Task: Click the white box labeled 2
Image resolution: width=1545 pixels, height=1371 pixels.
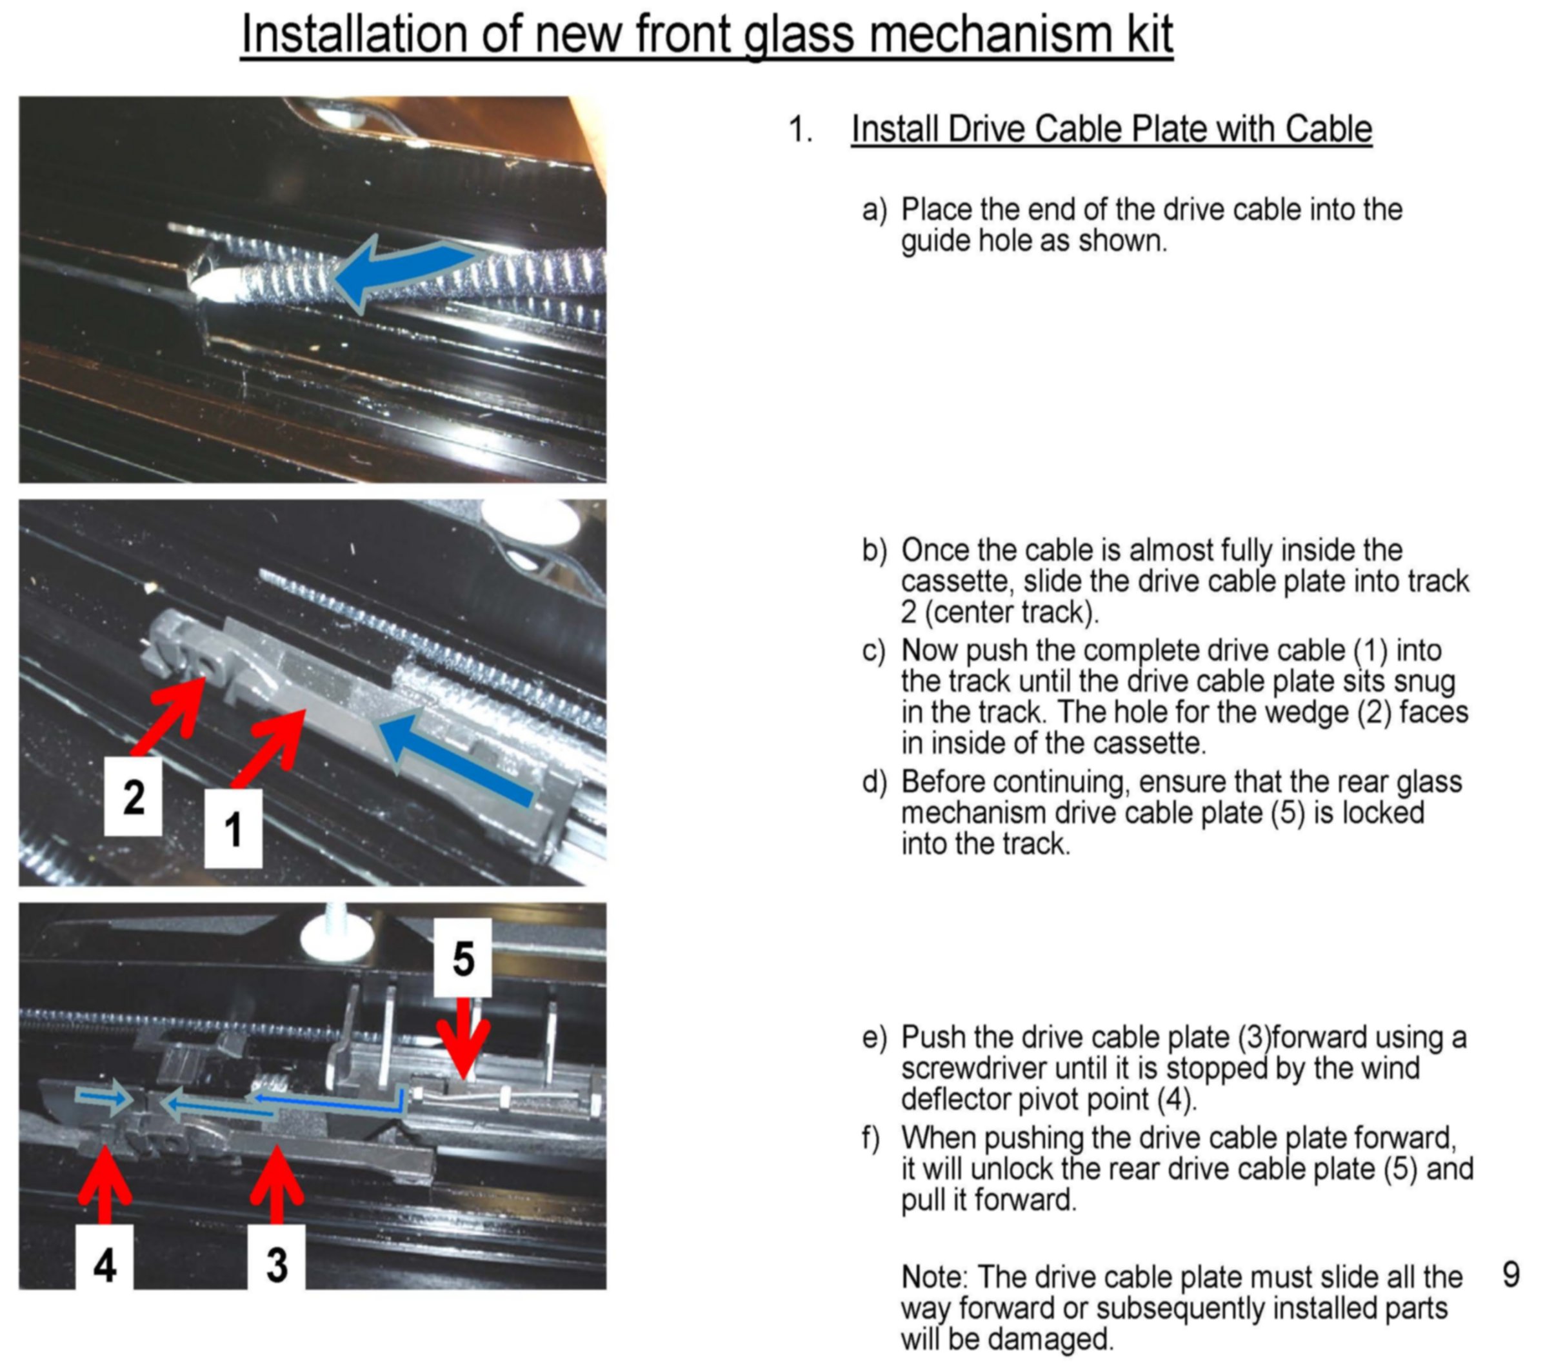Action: click(x=133, y=797)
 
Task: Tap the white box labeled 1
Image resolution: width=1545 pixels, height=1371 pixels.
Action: click(x=234, y=829)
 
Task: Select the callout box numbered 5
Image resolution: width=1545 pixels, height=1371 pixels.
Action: click(x=463, y=957)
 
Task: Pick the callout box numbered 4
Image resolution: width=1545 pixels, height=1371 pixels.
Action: click(x=105, y=1265)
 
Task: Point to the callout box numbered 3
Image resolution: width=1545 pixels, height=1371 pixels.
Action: click(x=277, y=1265)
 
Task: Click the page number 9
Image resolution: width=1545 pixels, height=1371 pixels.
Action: click(x=1511, y=1275)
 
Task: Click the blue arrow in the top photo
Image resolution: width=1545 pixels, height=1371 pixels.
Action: click(x=401, y=273)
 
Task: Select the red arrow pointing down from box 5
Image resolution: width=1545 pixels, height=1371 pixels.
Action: click(x=463, y=1037)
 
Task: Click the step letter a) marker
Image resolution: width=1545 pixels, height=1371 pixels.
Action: click(x=874, y=210)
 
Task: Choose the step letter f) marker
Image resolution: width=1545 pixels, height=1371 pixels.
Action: click(x=871, y=1137)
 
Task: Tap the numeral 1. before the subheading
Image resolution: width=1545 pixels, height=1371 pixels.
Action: click(x=801, y=129)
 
